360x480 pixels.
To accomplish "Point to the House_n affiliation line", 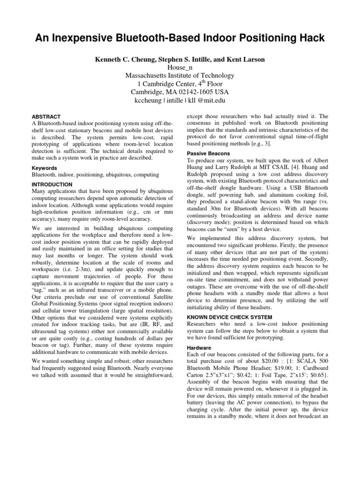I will [x=180, y=67].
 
